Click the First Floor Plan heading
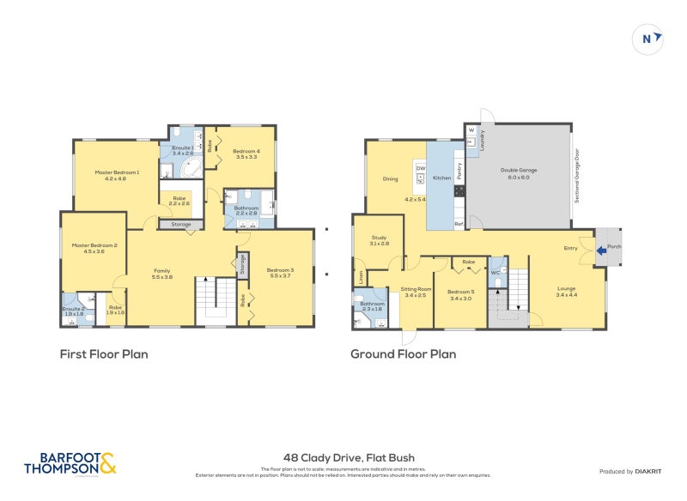point(103,353)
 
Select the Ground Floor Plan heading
point(403,353)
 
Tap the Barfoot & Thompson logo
point(70,463)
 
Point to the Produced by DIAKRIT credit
point(634,471)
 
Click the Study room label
point(380,240)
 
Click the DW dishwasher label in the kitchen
point(421,169)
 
